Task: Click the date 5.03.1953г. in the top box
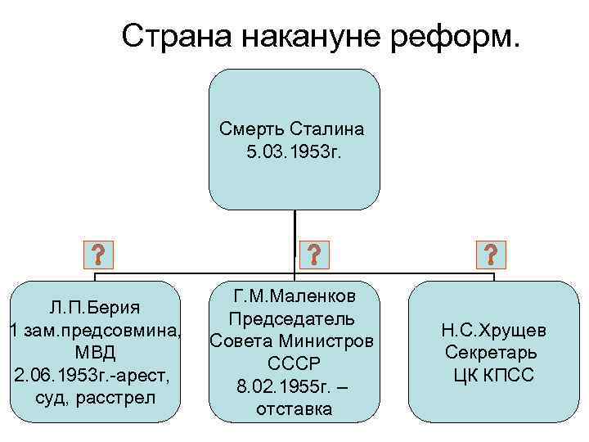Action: pyautogui.click(x=293, y=151)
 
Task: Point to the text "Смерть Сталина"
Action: pyautogui.click(x=293, y=129)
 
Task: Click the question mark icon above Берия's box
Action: pyautogui.click(x=99, y=255)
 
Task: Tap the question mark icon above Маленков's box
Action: pyautogui.click(x=314, y=255)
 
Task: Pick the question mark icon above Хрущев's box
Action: pyautogui.click(x=491, y=255)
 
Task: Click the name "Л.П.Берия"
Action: pyautogui.click(x=93, y=308)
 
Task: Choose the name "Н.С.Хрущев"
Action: pyautogui.click(x=493, y=331)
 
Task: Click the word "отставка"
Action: pyautogui.click(x=293, y=408)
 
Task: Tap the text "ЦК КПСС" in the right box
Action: pyautogui.click(x=493, y=376)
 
